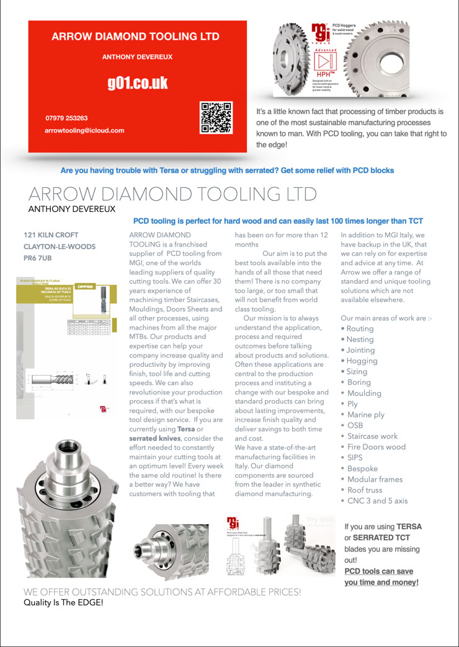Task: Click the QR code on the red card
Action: tap(216, 118)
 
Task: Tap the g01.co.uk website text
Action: tap(138, 84)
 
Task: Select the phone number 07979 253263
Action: tap(66, 118)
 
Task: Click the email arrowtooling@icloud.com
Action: tap(84, 131)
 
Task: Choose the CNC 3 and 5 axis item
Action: tap(377, 501)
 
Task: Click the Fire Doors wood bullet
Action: tap(376, 447)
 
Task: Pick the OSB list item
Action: tap(355, 425)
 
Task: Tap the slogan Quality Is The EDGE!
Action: tap(64, 602)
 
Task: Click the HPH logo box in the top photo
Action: tap(326, 64)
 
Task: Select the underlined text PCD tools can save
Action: tap(378, 571)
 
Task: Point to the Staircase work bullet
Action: tap(372, 436)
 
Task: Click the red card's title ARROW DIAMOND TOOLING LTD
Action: tap(135, 37)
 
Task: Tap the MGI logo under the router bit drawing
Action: tap(103, 409)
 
